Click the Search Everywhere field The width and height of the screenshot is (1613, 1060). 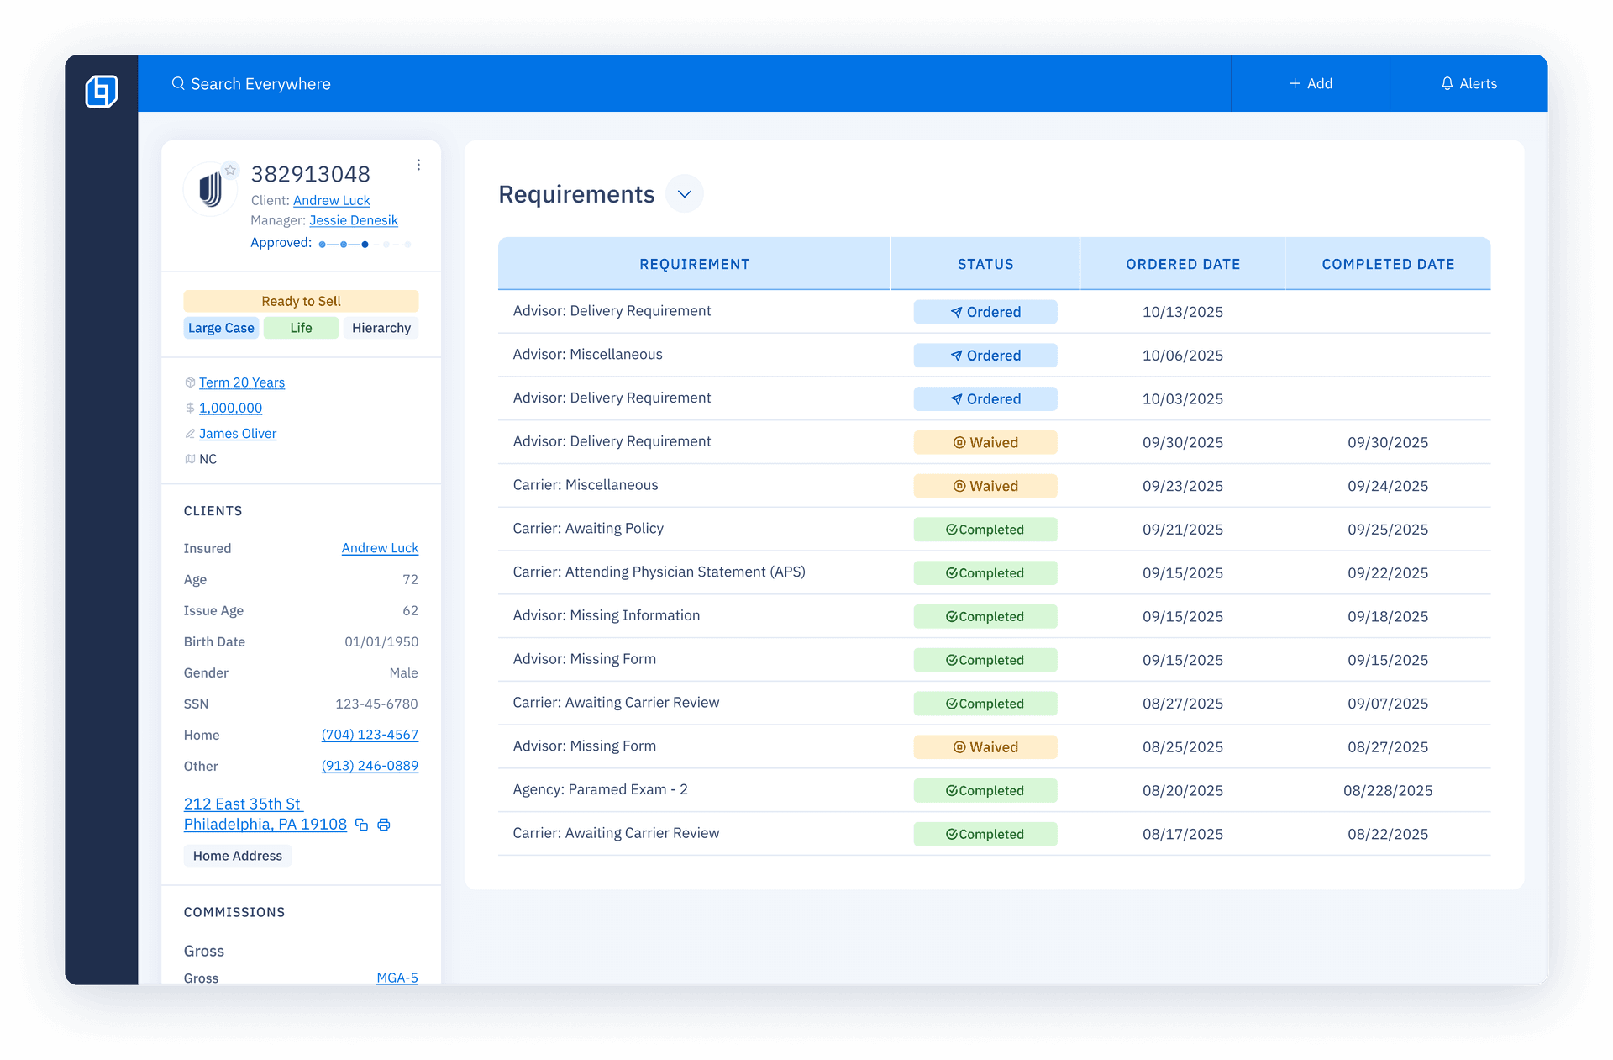[260, 84]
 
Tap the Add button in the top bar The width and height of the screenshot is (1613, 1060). [1310, 84]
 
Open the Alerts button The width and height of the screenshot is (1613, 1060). [1469, 84]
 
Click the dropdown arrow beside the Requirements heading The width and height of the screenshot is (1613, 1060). [685, 194]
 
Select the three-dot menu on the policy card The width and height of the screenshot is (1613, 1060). [418, 165]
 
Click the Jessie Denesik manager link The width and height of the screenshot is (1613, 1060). [353, 220]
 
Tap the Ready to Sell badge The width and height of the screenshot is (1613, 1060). [301, 301]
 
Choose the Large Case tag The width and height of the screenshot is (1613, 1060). [221, 328]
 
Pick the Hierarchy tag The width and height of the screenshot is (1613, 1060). [381, 328]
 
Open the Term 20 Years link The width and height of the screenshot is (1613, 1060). [242, 382]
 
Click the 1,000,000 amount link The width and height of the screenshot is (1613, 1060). [230, 408]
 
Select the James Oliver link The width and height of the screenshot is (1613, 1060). [238, 434]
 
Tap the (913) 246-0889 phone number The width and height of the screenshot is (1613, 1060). [370, 766]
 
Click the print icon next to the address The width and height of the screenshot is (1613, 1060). [384, 825]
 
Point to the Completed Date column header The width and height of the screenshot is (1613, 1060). [1388, 264]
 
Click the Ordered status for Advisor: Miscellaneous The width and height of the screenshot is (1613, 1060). [985, 356]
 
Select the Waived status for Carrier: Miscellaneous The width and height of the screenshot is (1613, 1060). [985, 486]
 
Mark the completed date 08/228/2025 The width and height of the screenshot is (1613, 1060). [1388, 790]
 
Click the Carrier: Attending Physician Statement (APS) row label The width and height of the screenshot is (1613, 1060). [659, 572]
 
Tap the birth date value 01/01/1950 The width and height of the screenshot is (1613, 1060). [381, 641]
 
